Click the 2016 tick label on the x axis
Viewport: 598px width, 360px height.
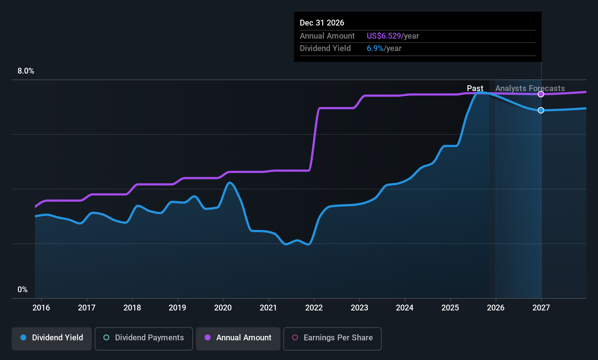[41, 308]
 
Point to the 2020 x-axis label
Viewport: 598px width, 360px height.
[223, 308]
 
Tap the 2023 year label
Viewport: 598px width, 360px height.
[359, 308]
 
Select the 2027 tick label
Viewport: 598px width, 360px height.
[541, 308]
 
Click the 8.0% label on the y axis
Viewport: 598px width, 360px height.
[26, 71]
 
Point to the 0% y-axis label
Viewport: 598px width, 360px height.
[23, 290]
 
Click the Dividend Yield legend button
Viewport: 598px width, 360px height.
[52, 338]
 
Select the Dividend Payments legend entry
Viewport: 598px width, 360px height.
[143, 338]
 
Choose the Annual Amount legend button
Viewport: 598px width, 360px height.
[238, 338]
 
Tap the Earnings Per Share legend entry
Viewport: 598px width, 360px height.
[332, 338]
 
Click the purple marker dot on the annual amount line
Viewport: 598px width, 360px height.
[541, 94]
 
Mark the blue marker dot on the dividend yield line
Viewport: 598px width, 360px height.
[541, 110]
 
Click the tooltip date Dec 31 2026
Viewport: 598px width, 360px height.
[322, 23]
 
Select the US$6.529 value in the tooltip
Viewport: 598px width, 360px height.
[383, 36]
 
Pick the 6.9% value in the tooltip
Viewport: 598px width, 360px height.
[375, 48]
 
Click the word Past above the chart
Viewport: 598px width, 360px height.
[475, 88]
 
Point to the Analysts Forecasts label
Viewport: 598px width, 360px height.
[530, 88]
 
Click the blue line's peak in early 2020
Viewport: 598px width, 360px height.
[229, 183]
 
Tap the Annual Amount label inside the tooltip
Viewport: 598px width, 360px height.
[327, 36]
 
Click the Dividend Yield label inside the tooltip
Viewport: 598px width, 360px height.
[325, 48]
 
